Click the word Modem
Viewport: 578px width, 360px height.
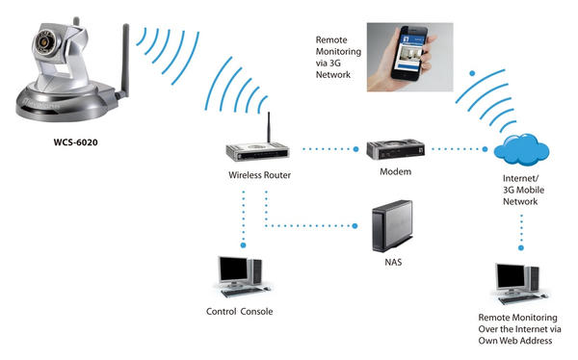point(395,171)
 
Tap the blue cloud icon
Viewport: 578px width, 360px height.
point(521,152)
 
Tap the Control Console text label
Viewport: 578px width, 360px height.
point(240,312)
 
